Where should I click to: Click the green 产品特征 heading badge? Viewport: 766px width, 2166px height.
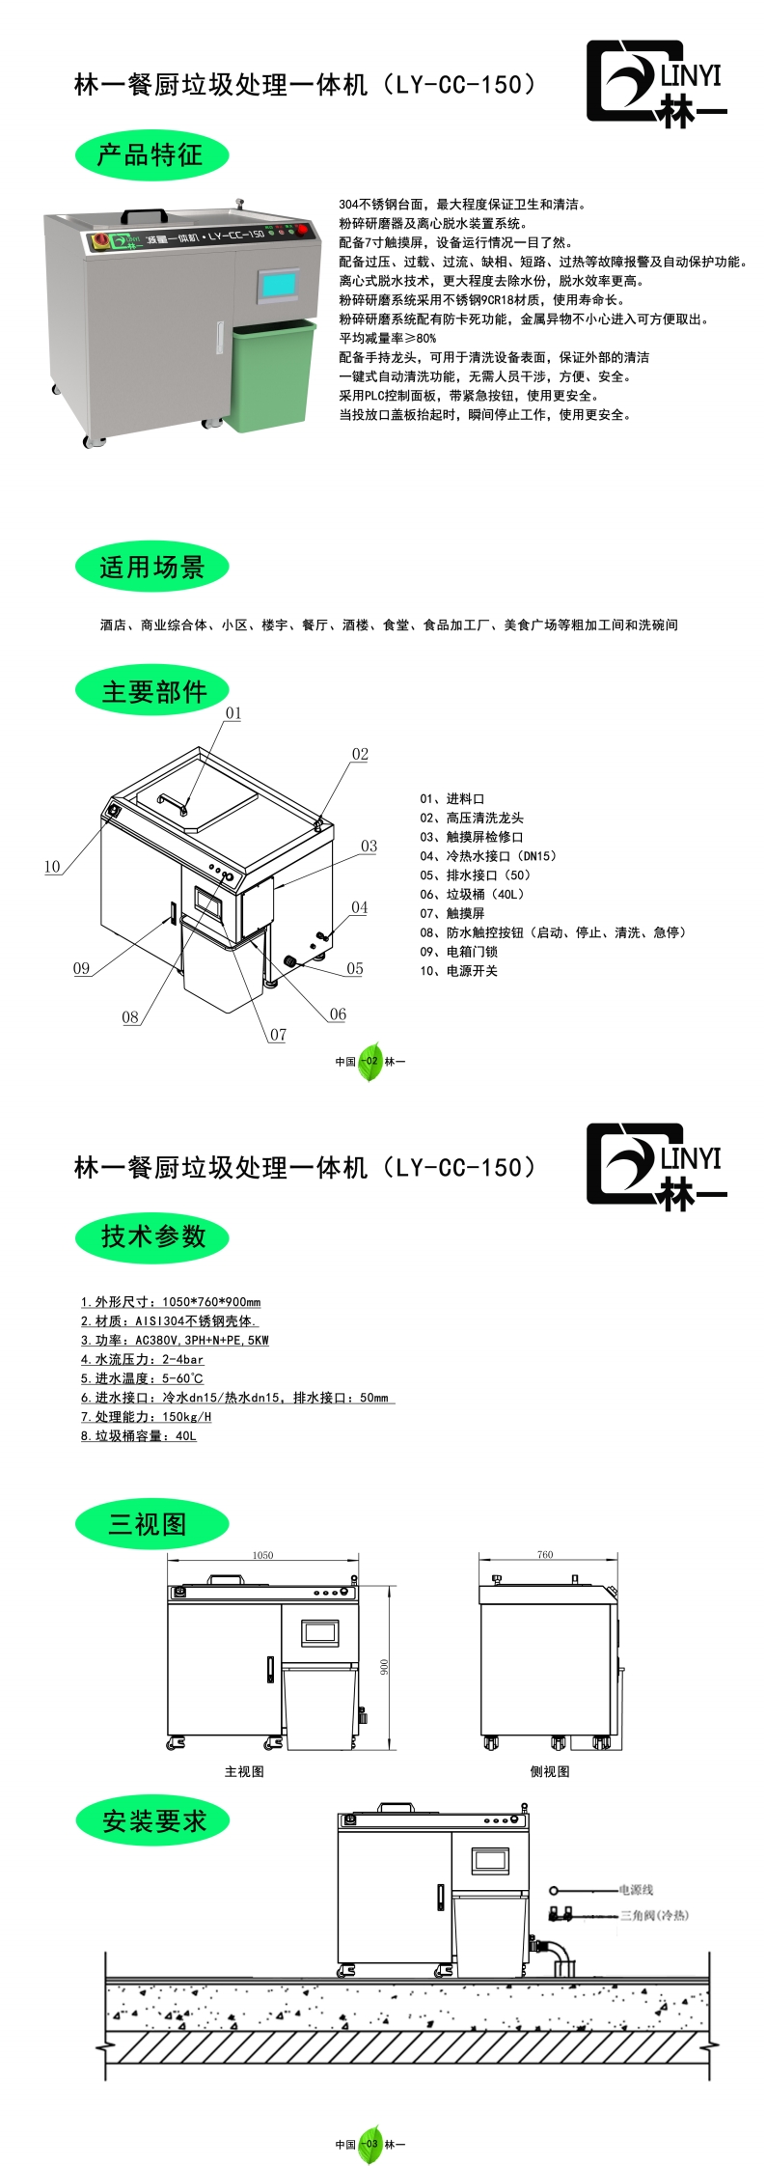pos(151,155)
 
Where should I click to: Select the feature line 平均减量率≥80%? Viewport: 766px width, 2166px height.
pos(388,338)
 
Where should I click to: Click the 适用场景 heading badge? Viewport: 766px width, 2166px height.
pos(151,567)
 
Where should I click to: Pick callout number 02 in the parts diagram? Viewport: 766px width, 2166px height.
pos(360,754)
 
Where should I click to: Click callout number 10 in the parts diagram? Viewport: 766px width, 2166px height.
pos(52,866)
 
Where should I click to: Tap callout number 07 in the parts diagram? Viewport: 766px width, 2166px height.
pos(278,1035)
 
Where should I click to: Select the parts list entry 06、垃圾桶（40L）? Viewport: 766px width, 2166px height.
pos(472,894)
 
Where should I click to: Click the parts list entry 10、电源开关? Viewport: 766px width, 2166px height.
pos(458,971)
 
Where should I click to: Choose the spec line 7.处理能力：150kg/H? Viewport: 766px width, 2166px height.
pos(146,1416)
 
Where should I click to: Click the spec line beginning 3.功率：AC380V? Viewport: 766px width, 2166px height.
pos(175,1340)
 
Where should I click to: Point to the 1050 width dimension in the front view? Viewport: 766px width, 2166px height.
pos(262,1555)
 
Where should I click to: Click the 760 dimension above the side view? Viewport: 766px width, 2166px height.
pos(545,1554)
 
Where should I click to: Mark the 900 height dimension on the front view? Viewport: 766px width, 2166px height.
pos(384,1667)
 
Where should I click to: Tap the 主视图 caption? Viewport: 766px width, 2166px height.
pos(244,1771)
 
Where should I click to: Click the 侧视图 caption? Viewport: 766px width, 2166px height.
pos(550,1771)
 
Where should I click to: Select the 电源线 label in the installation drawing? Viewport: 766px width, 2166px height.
pos(636,1889)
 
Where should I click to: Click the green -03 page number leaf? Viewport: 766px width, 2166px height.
pos(370,2144)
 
